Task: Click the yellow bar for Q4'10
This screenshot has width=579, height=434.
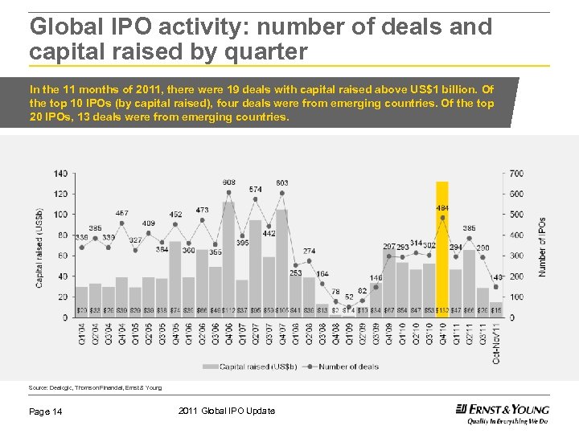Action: (x=441, y=249)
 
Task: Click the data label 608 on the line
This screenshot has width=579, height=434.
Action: (x=229, y=182)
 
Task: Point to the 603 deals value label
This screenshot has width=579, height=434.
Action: (x=282, y=183)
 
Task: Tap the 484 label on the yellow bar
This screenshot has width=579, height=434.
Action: (x=442, y=208)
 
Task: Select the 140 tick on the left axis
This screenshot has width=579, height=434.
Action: (x=61, y=174)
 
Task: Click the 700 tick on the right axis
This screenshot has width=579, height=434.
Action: (x=515, y=174)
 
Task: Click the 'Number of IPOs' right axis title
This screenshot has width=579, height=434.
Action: (x=542, y=246)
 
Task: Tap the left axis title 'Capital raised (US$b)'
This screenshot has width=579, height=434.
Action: (x=39, y=248)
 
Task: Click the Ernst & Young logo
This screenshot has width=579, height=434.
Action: (x=502, y=412)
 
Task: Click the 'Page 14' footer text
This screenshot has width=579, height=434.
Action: (x=47, y=411)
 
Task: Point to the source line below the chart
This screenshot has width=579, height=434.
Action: (x=95, y=387)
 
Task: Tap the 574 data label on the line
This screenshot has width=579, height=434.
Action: (x=255, y=190)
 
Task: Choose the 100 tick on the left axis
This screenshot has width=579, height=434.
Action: (x=61, y=215)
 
